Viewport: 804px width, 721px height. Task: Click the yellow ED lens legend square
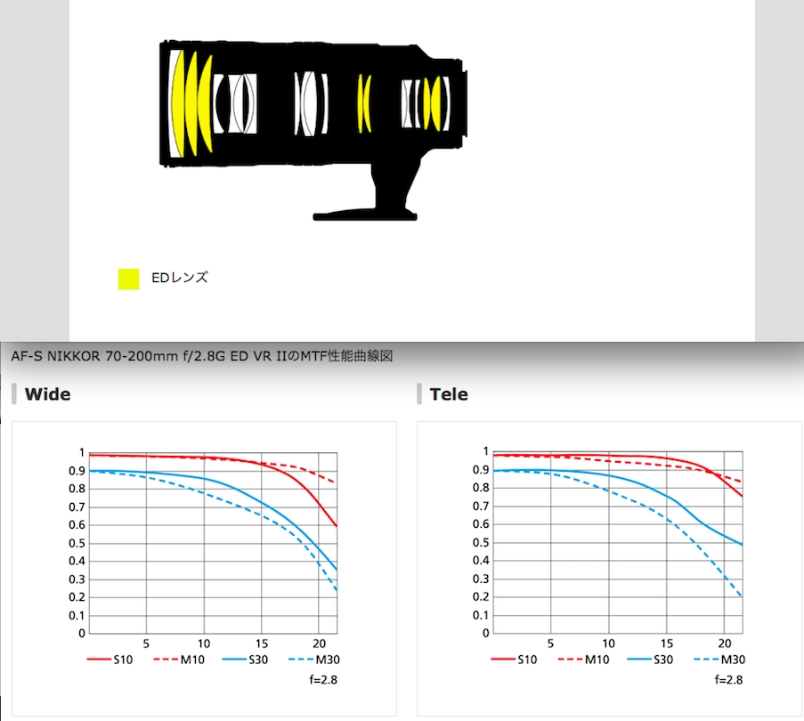pyautogui.click(x=128, y=279)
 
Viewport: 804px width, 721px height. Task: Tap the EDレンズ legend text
pyautogui.click(x=180, y=278)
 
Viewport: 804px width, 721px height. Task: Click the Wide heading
pyautogui.click(x=48, y=394)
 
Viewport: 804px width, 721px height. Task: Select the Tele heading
pyautogui.click(x=449, y=394)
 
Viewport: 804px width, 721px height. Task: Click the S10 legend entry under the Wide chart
pyautogui.click(x=110, y=660)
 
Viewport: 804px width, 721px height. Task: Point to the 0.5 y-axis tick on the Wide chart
pyautogui.click(x=77, y=543)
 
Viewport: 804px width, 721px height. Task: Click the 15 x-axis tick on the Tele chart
pyautogui.click(x=667, y=644)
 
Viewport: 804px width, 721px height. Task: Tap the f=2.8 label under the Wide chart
pyautogui.click(x=323, y=680)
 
